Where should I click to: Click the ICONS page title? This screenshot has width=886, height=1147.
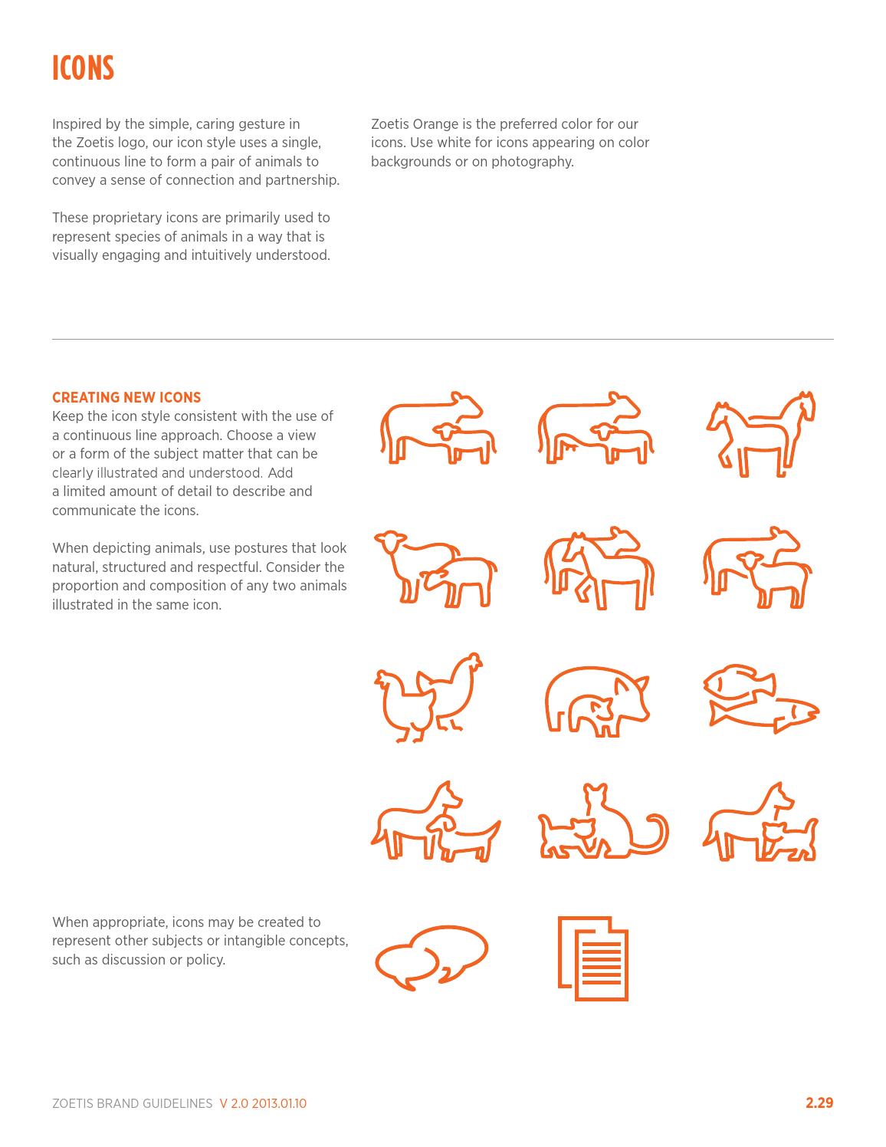point(83,68)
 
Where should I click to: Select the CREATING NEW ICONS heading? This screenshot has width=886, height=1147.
point(126,397)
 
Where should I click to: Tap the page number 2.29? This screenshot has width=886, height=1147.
point(819,1103)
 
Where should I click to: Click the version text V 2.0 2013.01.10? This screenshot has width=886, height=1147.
point(263,1104)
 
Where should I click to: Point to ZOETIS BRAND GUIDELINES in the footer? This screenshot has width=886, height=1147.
point(132,1104)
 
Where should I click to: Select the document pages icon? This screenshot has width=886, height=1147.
point(593,958)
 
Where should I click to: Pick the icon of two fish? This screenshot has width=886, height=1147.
point(760,698)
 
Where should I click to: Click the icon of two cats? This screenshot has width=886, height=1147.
point(603,822)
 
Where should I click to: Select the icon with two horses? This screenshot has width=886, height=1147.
point(760,433)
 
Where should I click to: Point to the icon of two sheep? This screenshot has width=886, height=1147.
point(435,568)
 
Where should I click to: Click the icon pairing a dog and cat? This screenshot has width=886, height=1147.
point(760,823)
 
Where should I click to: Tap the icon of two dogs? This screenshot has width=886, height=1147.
point(435,823)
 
